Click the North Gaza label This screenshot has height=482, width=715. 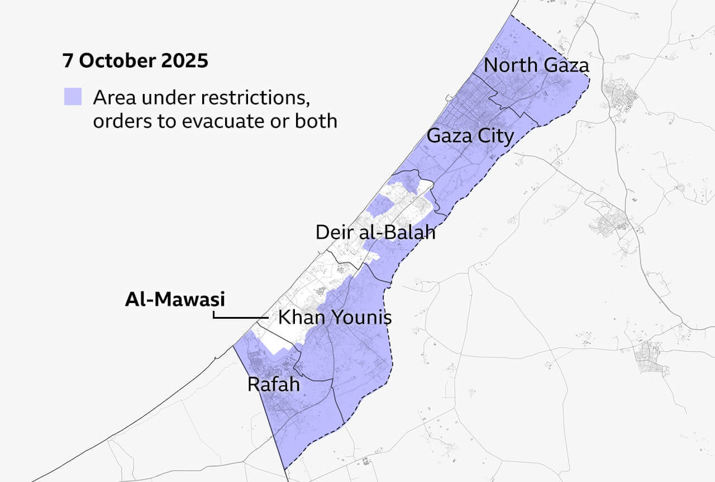click(536, 65)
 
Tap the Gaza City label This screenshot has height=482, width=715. click(470, 135)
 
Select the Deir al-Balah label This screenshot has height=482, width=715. click(375, 232)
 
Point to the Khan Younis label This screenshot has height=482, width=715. click(335, 318)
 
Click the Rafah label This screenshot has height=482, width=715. click(273, 385)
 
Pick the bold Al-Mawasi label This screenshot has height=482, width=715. click(175, 300)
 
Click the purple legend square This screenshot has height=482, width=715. click(73, 97)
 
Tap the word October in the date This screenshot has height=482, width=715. click(117, 61)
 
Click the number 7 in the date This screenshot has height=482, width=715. click(68, 61)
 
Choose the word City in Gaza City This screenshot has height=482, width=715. click(494, 135)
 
